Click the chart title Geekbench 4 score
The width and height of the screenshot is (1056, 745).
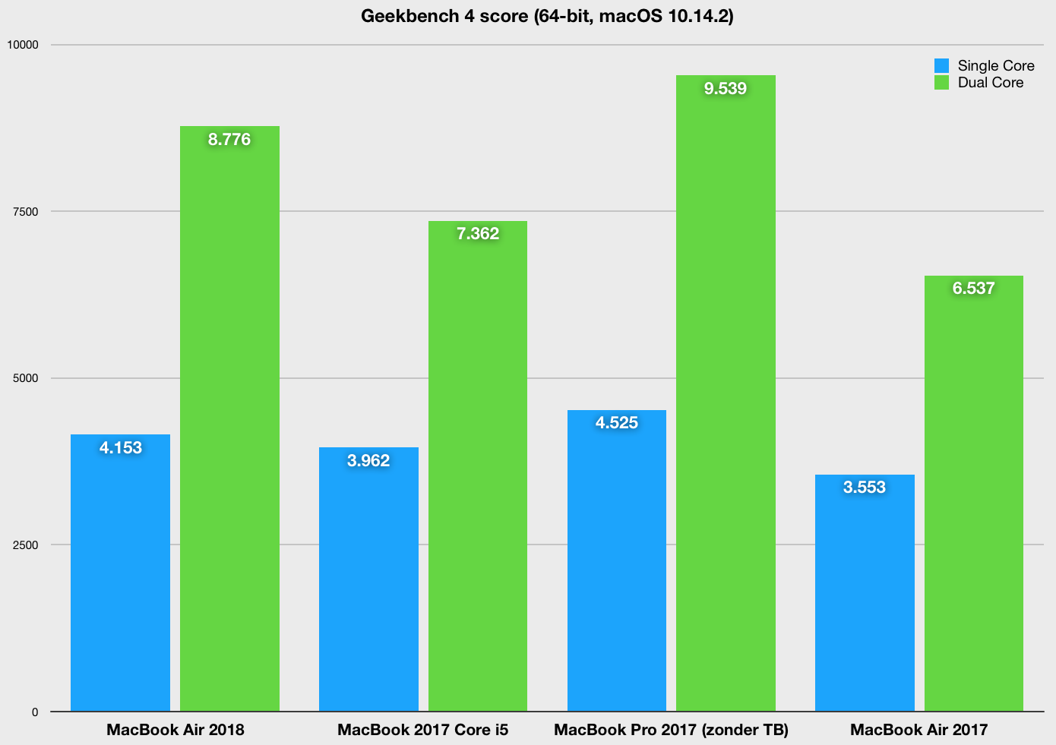click(x=547, y=16)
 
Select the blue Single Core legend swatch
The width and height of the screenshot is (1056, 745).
click(x=941, y=65)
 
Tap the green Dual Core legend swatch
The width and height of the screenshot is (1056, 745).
click(x=941, y=83)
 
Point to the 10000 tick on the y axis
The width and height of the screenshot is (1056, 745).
click(x=22, y=45)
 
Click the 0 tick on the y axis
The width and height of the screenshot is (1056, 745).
click(x=34, y=712)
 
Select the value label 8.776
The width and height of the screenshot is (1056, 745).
click(x=229, y=140)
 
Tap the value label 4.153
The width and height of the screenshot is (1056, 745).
click(x=121, y=448)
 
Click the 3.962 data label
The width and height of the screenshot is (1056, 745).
click(x=368, y=461)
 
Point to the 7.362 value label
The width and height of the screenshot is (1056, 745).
click(x=478, y=234)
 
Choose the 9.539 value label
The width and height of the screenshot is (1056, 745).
click(x=726, y=89)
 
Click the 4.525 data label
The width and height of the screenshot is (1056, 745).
click(x=617, y=423)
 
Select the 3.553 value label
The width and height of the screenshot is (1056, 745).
click(x=865, y=488)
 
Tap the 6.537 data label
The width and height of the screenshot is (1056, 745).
click(x=974, y=289)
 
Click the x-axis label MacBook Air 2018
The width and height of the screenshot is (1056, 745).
click(x=175, y=731)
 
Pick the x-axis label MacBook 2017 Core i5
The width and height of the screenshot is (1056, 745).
click(x=423, y=731)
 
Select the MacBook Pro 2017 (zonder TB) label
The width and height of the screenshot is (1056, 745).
click(x=672, y=731)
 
